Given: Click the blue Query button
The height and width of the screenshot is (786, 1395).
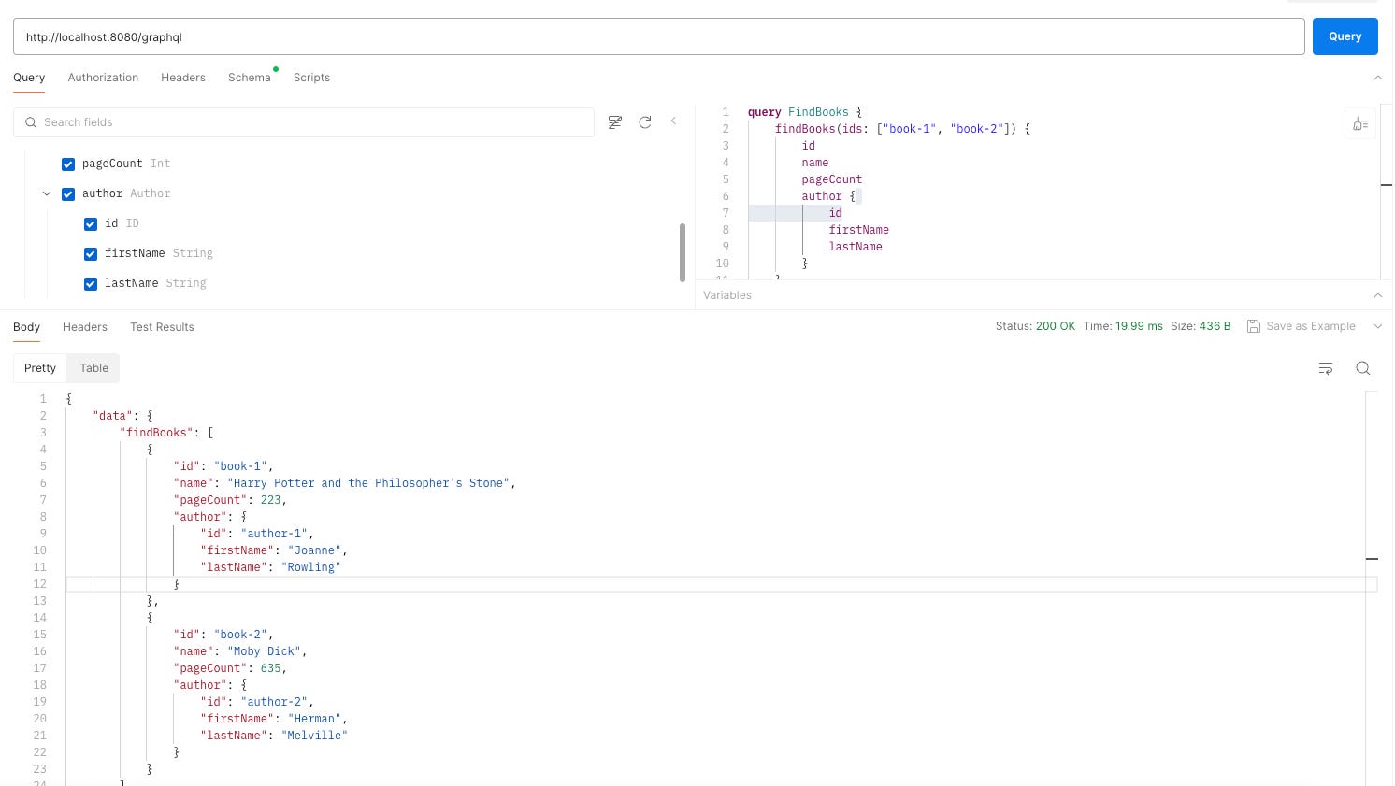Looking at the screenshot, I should coord(1345,36).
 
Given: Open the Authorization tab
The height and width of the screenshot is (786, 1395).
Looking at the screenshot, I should coord(103,78).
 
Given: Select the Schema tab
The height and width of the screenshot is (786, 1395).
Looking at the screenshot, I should coord(249,78).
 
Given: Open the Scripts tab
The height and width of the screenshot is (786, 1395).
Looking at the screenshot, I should coord(311,78).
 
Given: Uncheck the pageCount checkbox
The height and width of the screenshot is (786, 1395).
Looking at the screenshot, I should coord(68,164).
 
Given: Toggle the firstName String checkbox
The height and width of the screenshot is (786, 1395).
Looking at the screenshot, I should coord(91,254).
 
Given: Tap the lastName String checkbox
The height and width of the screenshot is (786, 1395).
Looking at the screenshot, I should coord(91,284).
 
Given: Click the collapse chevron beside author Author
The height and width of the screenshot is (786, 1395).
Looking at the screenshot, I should coord(47,193).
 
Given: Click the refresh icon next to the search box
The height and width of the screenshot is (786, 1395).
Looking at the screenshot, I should coord(644,122).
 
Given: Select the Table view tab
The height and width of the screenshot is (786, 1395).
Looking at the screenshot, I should coord(93,368).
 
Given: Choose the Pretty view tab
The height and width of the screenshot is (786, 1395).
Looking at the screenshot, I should coord(40,368).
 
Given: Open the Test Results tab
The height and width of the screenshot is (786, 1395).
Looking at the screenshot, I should coord(162,327).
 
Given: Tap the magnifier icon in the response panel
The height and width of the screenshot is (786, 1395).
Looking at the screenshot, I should coord(1362,368).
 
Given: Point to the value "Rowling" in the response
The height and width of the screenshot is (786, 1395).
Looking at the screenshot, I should coord(311,567).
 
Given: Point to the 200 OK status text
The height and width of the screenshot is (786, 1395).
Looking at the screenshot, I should coord(1055,326).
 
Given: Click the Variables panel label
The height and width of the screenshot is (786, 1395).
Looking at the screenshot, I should coord(727,295).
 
